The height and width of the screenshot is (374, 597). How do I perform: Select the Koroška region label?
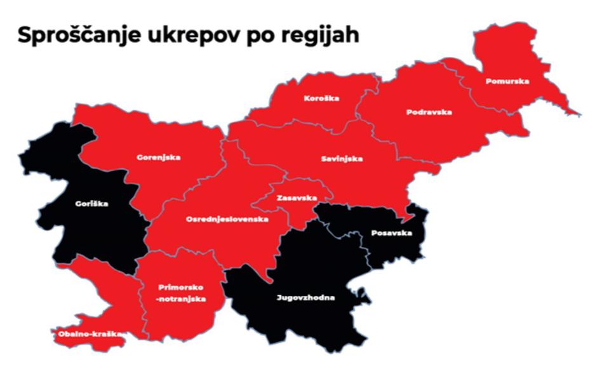point(321,98)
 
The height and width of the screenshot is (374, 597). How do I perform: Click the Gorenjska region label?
point(159,157)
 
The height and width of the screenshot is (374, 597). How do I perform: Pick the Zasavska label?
point(297,198)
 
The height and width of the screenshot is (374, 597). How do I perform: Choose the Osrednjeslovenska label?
point(227,219)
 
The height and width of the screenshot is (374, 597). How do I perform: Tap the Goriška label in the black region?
point(91,204)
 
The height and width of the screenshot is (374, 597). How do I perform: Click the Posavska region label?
point(391,233)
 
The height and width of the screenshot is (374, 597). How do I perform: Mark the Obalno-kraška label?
point(88,333)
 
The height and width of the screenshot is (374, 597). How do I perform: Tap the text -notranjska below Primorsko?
point(182,299)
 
